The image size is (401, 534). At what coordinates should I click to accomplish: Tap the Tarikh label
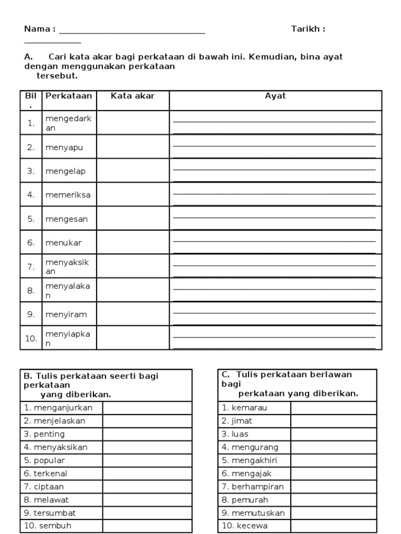click(x=308, y=29)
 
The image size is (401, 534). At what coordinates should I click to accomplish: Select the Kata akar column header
click(x=133, y=96)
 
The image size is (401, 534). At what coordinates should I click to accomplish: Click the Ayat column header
click(x=275, y=96)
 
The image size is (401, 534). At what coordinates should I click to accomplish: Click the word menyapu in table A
click(x=64, y=147)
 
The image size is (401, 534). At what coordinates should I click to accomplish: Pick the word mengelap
click(x=66, y=171)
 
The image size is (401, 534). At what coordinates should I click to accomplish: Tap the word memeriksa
click(x=68, y=195)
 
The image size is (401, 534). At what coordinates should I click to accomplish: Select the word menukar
click(x=64, y=242)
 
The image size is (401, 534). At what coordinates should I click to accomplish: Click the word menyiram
click(x=66, y=314)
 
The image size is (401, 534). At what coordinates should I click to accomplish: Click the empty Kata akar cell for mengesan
click(x=133, y=219)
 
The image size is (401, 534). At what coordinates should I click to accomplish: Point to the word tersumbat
click(x=54, y=513)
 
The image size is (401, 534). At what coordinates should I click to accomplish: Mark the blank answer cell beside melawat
click(x=147, y=500)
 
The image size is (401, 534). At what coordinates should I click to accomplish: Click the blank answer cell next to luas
click(x=333, y=434)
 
